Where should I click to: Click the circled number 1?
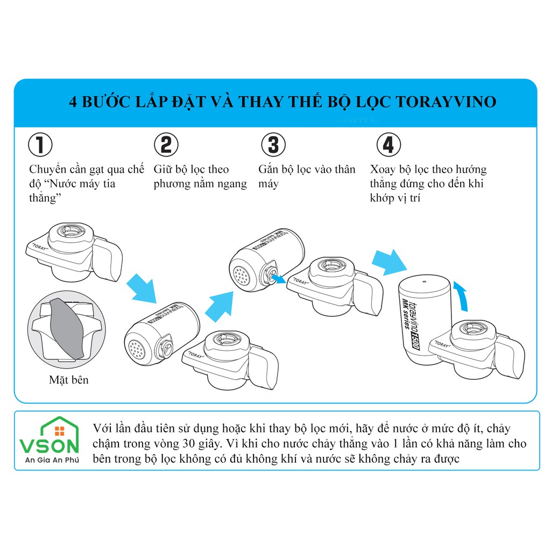(x=40, y=144)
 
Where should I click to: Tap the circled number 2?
(x=166, y=144)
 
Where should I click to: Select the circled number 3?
(x=273, y=144)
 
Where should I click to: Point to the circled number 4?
(x=388, y=144)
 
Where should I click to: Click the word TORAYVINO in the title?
(x=446, y=102)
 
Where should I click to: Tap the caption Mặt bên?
(x=69, y=380)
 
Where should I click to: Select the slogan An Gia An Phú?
(x=52, y=460)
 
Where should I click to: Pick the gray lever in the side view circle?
(x=67, y=328)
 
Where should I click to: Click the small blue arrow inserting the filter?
(x=279, y=279)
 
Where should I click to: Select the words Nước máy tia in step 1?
(x=82, y=184)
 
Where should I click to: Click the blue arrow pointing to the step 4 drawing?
(x=390, y=263)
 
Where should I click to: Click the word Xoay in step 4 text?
(x=383, y=169)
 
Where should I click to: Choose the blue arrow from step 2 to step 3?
(x=220, y=306)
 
